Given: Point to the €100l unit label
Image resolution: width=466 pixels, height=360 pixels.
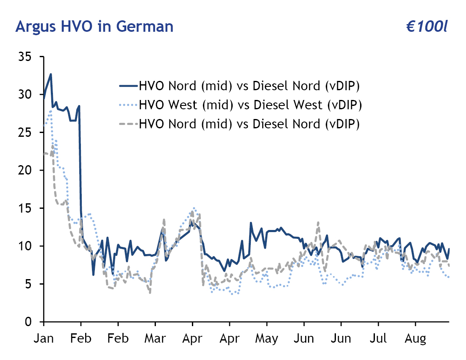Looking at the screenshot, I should click(427, 27).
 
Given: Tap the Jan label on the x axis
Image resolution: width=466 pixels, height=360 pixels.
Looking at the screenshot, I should click(44, 339).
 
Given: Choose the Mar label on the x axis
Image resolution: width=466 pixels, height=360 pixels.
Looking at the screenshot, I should click(155, 339).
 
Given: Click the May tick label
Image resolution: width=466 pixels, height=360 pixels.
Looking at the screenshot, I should click(267, 339).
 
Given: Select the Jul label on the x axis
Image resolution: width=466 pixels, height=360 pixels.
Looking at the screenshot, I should click(378, 339).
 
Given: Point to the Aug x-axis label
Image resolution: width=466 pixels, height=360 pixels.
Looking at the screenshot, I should click(415, 339).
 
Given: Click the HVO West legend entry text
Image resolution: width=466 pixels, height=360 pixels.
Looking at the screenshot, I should click(250, 105).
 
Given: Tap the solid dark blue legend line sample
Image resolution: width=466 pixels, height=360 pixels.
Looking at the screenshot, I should click(128, 86).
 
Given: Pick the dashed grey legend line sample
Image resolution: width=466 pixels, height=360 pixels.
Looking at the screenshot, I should click(128, 124).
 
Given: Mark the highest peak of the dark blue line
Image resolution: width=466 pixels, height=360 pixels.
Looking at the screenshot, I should click(51, 74).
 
